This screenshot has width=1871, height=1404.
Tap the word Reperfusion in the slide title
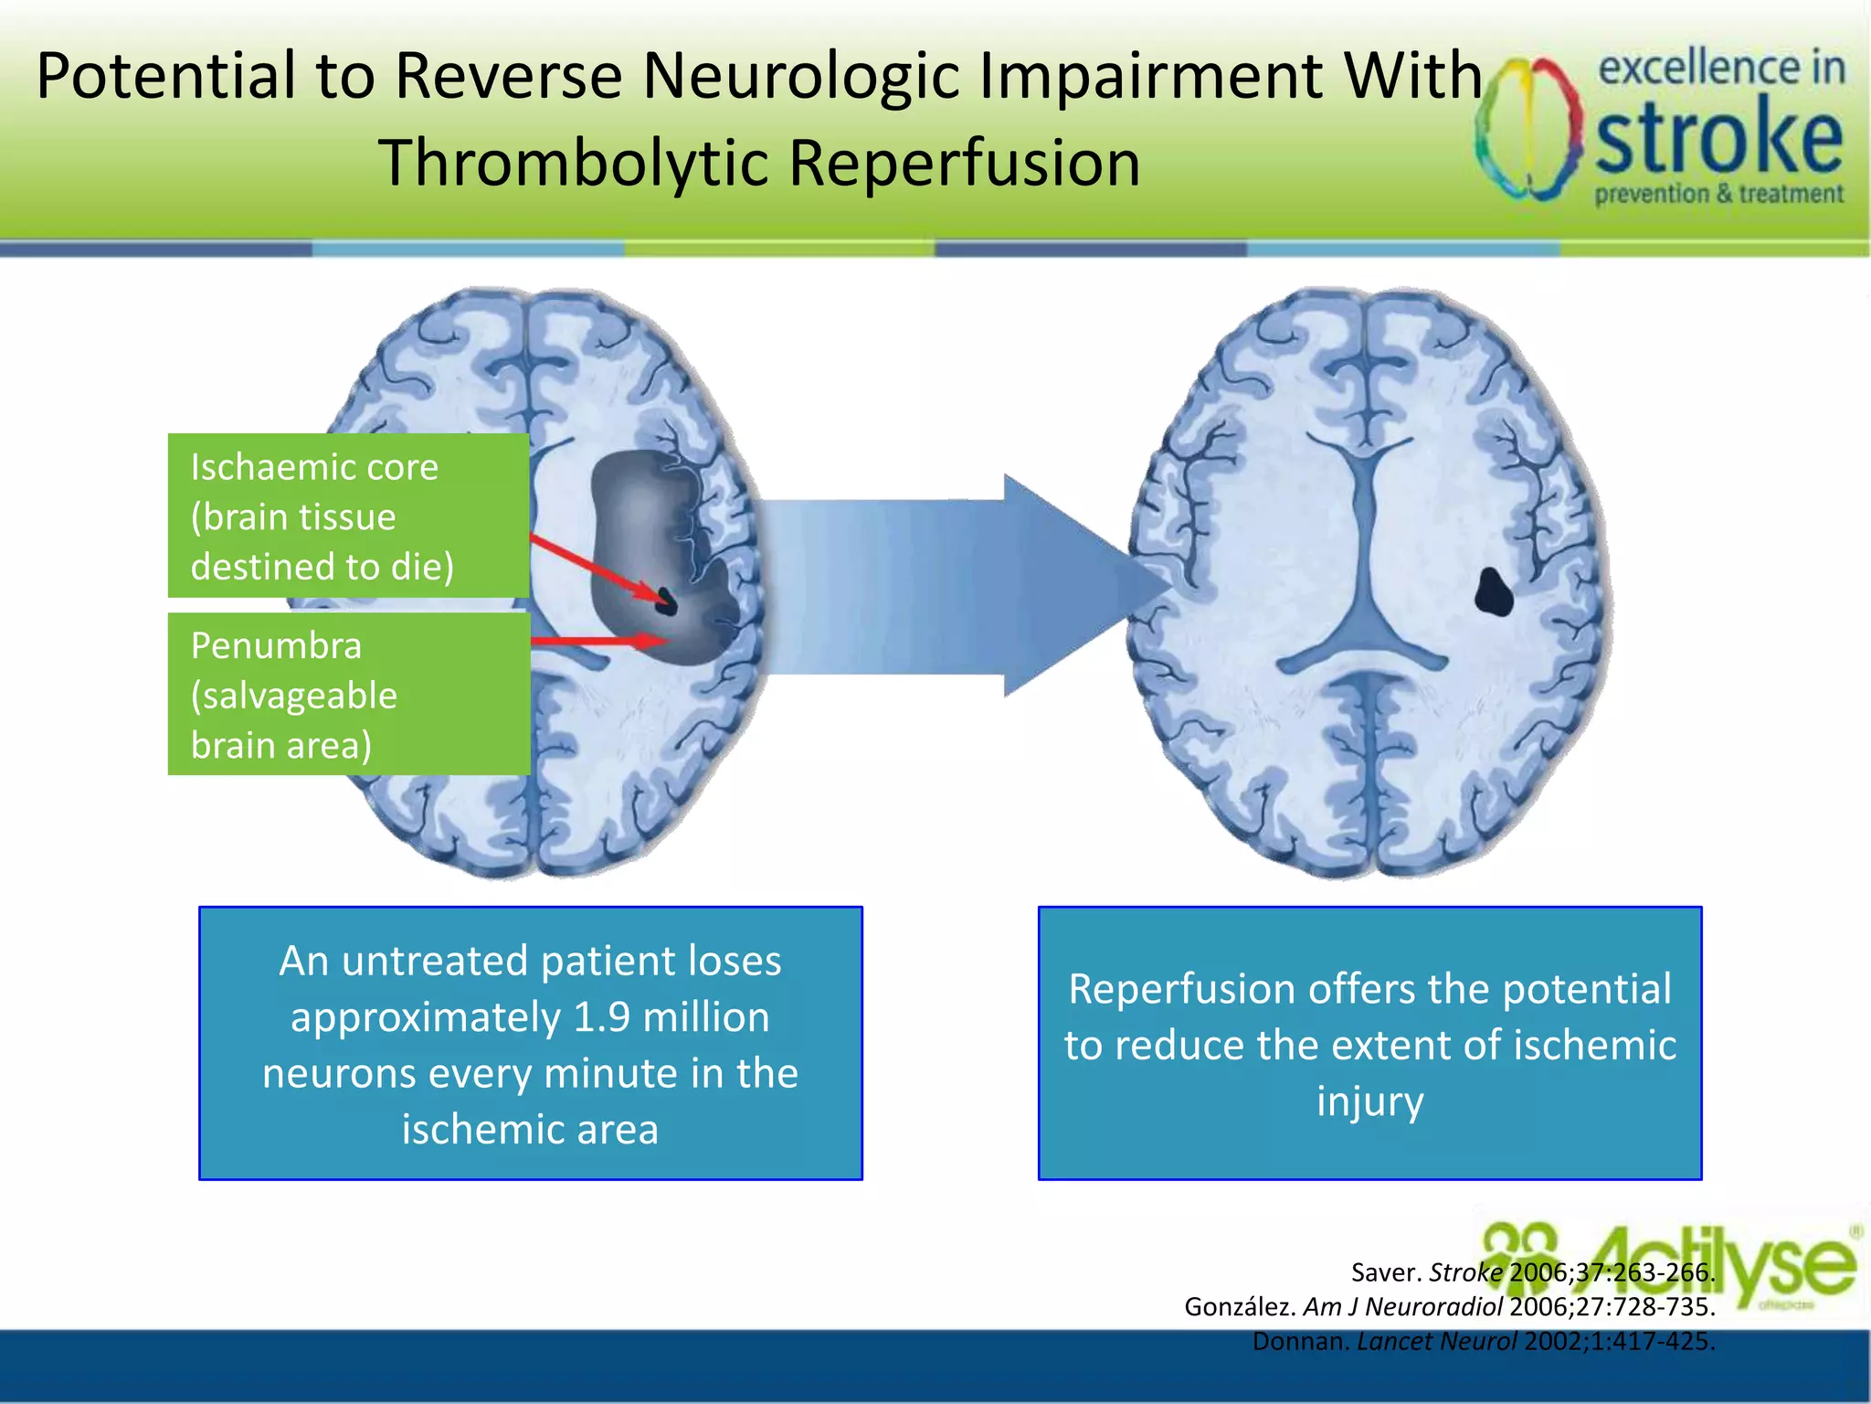[964, 164]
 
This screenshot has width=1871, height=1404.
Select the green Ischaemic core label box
[348, 516]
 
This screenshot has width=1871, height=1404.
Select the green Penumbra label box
[348, 695]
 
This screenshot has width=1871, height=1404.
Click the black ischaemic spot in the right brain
[1494, 592]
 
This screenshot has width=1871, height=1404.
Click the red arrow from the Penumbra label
[598, 641]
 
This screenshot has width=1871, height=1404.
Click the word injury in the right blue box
[1369, 1101]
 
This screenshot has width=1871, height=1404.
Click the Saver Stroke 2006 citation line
[1532, 1272]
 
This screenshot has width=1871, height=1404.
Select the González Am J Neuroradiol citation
[1449, 1306]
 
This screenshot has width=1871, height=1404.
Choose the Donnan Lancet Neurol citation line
[1483, 1341]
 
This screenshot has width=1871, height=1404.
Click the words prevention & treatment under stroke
[1718, 194]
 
